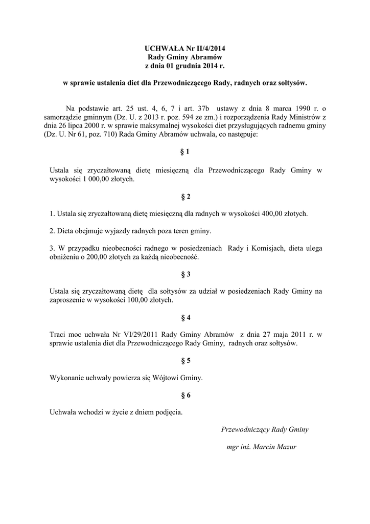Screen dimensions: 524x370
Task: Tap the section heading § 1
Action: tap(185, 152)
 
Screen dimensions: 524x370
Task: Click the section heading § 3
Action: tap(185, 274)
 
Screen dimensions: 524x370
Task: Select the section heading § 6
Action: tap(185, 395)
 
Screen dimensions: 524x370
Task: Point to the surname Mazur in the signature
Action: tap(286, 447)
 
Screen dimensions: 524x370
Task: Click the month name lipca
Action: tap(84, 126)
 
